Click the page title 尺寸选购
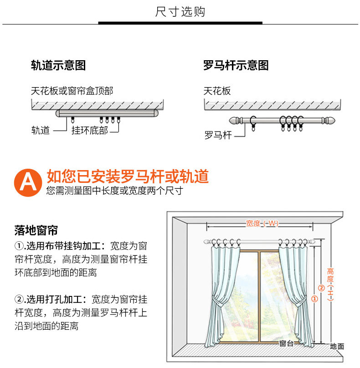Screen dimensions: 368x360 pyautogui.click(x=180, y=12)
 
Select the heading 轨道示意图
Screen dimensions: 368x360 pyautogui.click(x=58, y=66)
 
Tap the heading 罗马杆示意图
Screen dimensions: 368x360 pyautogui.click(x=236, y=66)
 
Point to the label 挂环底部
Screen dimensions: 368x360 pyautogui.click(x=90, y=131)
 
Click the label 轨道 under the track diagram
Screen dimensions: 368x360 pyautogui.click(x=41, y=131)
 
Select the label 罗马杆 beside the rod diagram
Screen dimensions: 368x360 pyautogui.click(x=218, y=135)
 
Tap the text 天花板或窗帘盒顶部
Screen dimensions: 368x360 pyautogui.click(x=72, y=91)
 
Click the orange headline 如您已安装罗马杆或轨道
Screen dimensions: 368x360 pyautogui.click(x=128, y=176)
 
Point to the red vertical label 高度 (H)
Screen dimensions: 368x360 pyautogui.click(x=330, y=283)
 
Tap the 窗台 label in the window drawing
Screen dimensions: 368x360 pyautogui.click(x=286, y=344)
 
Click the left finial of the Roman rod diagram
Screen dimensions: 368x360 pyautogui.click(x=235, y=121)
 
